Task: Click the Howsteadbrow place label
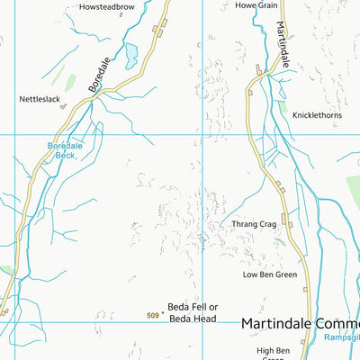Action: (105, 6)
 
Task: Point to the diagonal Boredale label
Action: (100, 76)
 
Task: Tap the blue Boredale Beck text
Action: (65, 150)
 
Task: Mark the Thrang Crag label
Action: (253, 224)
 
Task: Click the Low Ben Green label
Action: (269, 274)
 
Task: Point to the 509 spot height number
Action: (153, 315)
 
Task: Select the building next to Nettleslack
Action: (63, 106)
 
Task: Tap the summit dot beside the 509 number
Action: (163, 315)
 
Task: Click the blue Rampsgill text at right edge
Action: (341, 338)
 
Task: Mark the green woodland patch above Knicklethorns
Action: (284, 107)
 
